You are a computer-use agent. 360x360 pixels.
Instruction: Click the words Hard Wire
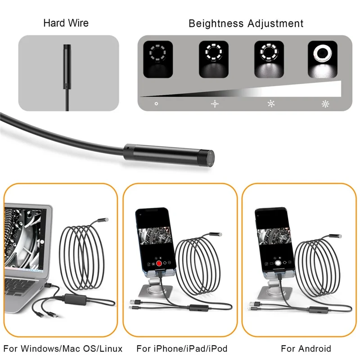point(66,23)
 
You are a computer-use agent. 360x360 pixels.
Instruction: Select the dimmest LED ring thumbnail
point(157,59)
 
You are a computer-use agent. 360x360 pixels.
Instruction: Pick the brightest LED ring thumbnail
point(323,59)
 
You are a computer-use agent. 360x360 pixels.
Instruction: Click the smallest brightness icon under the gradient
point(156,103)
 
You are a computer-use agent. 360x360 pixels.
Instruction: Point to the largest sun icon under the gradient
point(325,103)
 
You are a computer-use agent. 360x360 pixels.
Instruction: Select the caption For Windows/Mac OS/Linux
point(63,349)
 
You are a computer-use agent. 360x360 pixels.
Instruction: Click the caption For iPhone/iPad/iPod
point(182,349)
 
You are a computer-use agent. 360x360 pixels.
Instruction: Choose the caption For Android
point(306,349)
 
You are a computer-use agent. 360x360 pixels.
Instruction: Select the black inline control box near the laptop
point(75,298)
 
